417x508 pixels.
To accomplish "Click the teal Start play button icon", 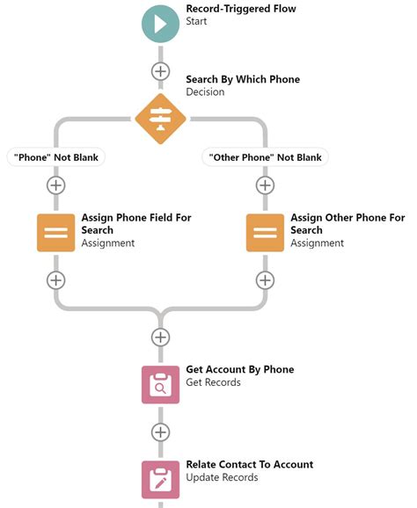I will (x=160, y=23).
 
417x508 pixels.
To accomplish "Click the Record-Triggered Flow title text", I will (x=240, y=9).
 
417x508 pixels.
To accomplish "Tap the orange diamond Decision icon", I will (x=160, y=117).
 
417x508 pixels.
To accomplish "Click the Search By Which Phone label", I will (x=242, y=79).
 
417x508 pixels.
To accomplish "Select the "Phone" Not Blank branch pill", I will (x=56, y=157).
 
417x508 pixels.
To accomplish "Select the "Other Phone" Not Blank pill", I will (x=264, y=157).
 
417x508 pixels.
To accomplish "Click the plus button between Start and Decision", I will (x=160, y=71).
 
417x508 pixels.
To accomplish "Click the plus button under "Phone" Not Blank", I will (x=56, y=185).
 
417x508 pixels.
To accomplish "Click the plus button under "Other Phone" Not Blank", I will (x=265, y=185).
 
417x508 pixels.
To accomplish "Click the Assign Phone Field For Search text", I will (x=135, y=223).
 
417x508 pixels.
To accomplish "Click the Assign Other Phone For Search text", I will (x=347, y=223).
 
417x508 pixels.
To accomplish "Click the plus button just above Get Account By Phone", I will (x=160, y=337).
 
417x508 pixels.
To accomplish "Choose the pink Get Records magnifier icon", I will (x=160, y=384).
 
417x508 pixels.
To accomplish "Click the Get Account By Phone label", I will (x=239, y=369).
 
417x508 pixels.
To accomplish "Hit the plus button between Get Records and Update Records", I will (x=160, y=432).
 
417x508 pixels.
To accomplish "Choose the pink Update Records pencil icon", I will (x=160, y=479).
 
